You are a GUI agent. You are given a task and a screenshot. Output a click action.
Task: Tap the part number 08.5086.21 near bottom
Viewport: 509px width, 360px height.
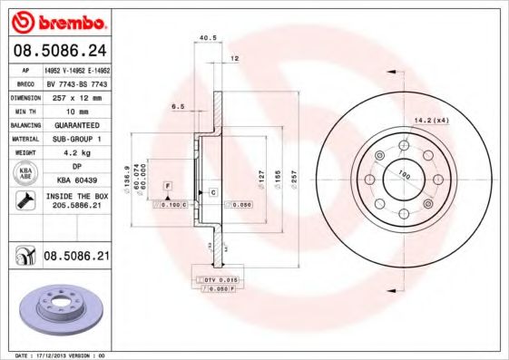(x=76, y=257)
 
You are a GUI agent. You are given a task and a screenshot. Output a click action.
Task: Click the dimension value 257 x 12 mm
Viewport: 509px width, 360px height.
(x=77, y=95)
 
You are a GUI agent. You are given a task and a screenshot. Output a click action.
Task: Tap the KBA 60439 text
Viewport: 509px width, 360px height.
(x=76, y=181)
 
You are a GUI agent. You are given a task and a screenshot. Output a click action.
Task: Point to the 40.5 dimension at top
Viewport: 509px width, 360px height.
(x=205, y=38)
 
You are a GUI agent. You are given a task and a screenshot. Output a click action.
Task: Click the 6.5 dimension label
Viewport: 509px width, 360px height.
(x=178, y=106)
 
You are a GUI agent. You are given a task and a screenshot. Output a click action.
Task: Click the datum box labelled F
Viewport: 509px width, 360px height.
(x=168, y=185)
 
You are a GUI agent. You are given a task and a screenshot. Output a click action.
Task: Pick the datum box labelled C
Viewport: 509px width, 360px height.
(x=212, y=192)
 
